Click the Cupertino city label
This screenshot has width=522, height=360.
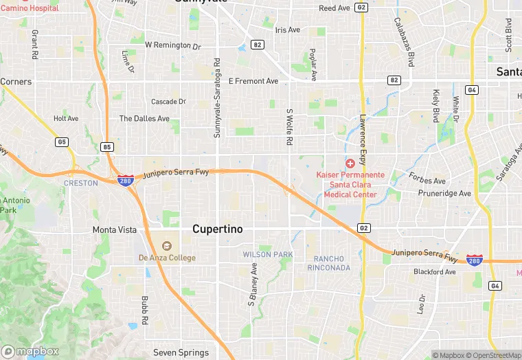217,229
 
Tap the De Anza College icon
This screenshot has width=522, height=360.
167,245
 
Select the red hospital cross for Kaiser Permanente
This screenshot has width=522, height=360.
350,164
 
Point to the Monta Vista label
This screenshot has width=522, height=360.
115,229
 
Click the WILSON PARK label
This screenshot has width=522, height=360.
268,254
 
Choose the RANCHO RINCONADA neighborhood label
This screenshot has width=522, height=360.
332,262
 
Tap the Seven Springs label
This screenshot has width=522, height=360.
181,352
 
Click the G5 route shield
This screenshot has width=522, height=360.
63,142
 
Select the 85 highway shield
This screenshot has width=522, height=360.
106,146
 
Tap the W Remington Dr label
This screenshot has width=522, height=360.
172,45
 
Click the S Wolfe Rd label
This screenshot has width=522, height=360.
290,126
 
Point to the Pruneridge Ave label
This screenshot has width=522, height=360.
445,194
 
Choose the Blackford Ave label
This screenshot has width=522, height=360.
434,272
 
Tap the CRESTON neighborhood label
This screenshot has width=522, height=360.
81,183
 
